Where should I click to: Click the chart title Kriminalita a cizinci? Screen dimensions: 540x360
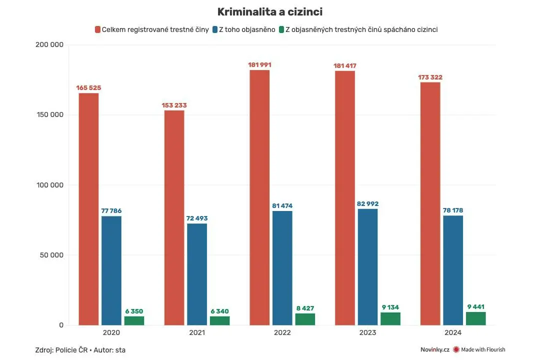[x=270, y=11]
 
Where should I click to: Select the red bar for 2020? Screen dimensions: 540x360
[x=88, y=209]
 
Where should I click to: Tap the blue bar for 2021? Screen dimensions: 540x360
[x=197, y=274]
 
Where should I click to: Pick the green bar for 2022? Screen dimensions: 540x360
[x=305, y=319]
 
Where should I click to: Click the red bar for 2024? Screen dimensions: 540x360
[x=430, y=203]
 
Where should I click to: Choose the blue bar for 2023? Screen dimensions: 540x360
[x=368, y=267]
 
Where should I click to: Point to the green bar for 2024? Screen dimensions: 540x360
[x=476, y=318]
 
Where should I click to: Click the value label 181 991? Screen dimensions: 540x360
[x=259, y=65]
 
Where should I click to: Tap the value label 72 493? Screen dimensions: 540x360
[x=197, y=218]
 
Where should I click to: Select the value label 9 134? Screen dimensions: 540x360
[x=390, y=307]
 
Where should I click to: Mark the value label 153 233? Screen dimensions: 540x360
[x=174, y=105]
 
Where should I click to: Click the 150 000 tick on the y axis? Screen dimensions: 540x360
[x=50, y=114]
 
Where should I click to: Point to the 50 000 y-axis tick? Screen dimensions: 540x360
[x=51, y=255]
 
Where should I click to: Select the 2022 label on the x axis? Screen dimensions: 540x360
[x=282, y=333]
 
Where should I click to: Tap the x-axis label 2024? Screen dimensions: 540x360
[x=453, y=333]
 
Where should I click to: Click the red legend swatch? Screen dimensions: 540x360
[x=98, y=29]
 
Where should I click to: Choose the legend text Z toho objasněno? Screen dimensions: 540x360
[x=247, y=29]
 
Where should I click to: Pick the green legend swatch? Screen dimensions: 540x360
[x=281, y=29]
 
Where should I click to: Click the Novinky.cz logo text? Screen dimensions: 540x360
[x=435, y=349]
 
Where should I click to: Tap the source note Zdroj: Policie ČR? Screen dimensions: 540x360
[x=61, y=350]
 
